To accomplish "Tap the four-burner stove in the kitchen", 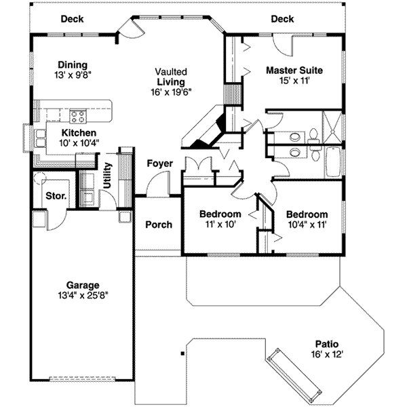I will (x=77, y=114).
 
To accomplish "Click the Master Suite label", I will (x=294, y=70).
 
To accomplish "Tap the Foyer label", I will (x=159, y=163).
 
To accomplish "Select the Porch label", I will (x=159, y=225).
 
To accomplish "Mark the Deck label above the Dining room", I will (x=72, y=19).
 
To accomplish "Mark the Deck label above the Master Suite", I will (x=282, y=19).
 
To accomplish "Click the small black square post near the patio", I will (x=181, y=354).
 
